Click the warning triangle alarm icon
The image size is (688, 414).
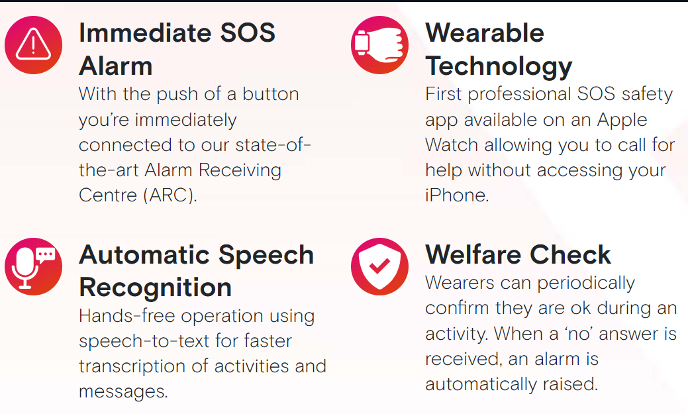[x=33, y=45]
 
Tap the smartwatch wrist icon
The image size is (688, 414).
[x=379, y=45]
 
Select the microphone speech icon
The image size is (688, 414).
[x=33, y=266]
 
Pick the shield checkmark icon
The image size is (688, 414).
[x=379, y=266]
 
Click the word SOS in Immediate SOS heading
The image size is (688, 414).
[x=248, y=33]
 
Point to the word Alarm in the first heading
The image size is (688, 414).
[x=116, y=66]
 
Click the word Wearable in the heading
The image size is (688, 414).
[x=485, y=33]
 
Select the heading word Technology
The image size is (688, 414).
[x=499, y=67]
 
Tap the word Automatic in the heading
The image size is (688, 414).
[x=145, y=254]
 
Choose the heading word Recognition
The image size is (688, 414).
[x=156, y=288]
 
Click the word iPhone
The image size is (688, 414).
[x=457, y=195]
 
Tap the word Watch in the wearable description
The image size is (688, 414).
[x=452, y=145]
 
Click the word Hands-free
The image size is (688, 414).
[x=126, y=315]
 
